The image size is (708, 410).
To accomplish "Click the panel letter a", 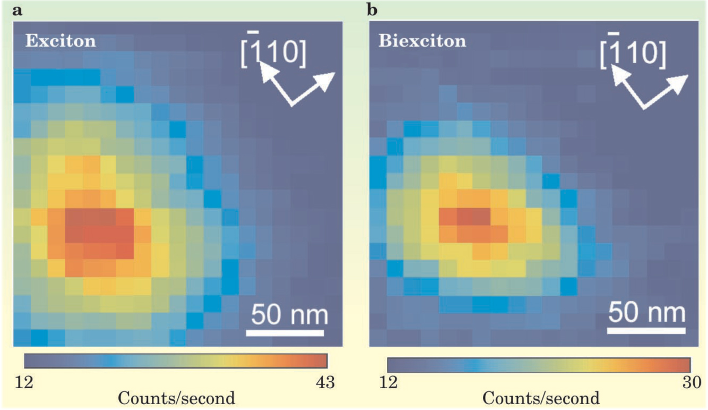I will click(18, 10).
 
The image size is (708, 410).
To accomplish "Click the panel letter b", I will click(373, 10).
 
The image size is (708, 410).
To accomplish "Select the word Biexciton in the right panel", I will click(422, 41).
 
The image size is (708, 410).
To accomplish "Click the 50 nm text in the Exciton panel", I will click(287, 315).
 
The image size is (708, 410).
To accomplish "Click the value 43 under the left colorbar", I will click(323, 382).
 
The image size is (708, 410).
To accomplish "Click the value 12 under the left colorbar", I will click(25, 382).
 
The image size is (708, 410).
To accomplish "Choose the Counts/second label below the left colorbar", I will click(176, 398).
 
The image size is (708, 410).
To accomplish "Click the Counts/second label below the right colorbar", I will click(541, 398).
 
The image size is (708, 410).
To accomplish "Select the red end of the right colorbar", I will click(685, 365).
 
